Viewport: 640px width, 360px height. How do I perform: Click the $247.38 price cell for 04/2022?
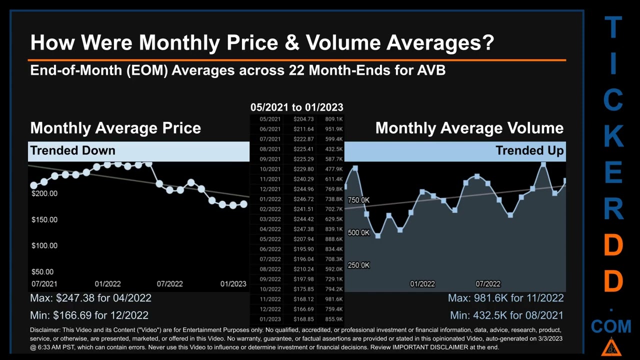click(303, 229)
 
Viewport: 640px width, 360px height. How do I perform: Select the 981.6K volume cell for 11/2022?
click(333, 299)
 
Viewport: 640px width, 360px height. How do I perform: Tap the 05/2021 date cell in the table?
click(270, 119)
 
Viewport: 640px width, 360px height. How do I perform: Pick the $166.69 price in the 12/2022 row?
click(303, 309)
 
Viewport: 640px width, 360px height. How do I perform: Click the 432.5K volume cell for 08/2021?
click(333, 149)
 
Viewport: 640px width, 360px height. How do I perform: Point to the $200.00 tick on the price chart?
click(44, 193)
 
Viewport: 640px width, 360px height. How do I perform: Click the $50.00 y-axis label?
click(42, 271)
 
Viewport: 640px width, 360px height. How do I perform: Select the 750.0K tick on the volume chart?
click(358, 200)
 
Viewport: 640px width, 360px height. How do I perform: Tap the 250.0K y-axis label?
click(358, 265)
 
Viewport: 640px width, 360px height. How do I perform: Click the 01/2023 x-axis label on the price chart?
click(233, 283)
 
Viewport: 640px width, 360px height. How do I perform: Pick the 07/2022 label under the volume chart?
click(487, 283)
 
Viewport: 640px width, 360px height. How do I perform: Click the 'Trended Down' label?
click(72, 150)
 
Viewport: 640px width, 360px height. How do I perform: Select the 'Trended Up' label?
click(529, 150)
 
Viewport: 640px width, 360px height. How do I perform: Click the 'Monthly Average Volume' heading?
click(469, 128)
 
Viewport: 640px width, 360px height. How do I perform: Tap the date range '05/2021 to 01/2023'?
click(296, 107)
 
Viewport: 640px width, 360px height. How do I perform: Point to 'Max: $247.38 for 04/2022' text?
click(90, 298)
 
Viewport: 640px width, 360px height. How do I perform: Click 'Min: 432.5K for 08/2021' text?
click(506, 315)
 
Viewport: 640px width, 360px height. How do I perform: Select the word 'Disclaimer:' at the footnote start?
click(44, 330)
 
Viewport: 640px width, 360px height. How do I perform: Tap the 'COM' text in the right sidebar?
click(611, 327)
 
